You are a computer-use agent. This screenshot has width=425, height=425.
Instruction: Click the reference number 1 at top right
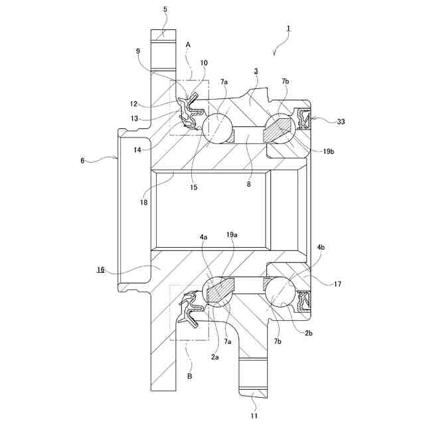tap(289, 29)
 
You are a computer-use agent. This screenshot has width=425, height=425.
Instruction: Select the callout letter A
tap(189, 44)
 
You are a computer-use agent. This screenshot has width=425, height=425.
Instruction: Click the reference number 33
tap(341, 122)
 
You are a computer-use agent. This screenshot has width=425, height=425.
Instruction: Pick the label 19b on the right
tap(329, 151)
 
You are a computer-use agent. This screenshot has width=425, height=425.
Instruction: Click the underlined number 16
tap(101, 270)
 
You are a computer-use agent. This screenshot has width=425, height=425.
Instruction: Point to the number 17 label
tap(337, 284)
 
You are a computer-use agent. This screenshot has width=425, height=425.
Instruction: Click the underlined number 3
tap(256, 70)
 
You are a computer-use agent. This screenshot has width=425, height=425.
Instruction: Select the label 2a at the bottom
tap(215, 357)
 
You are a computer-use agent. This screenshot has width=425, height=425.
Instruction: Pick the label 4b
tap(321, 247)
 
